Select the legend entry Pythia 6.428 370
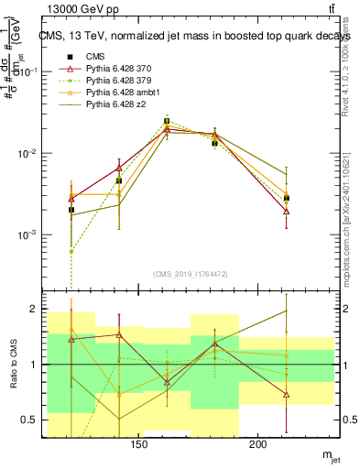[x=119, y=69]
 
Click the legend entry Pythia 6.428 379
[x=119, y=81]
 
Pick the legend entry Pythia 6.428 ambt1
[x=122, y=93]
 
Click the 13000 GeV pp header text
[x=73, y=8]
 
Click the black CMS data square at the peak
[x=167, y=121]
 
